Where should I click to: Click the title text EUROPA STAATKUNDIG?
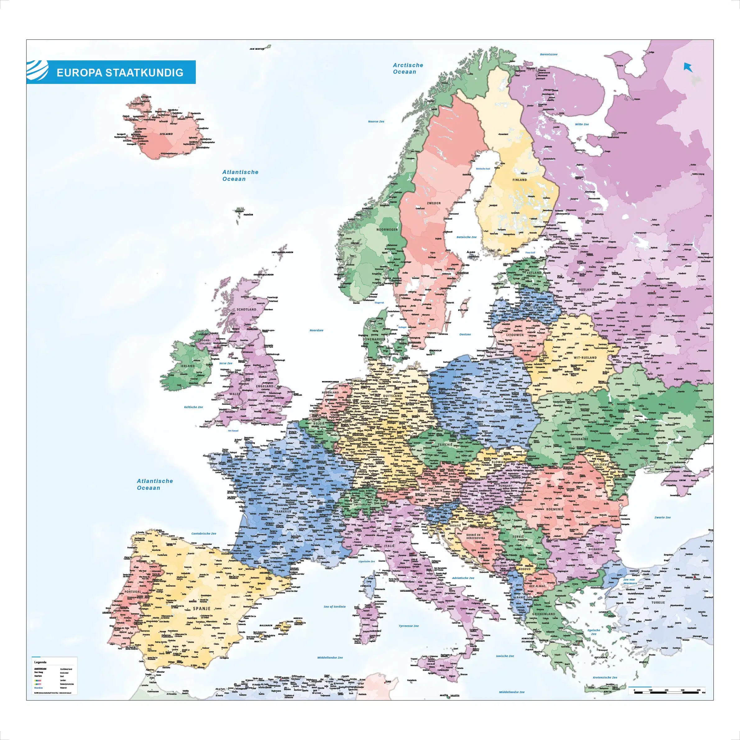120,73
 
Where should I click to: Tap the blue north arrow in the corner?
688,67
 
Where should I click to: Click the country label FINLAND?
519,180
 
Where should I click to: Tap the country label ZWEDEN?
434,203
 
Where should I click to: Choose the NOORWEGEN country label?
387,229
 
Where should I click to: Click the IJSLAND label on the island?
166,134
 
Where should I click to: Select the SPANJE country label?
201,608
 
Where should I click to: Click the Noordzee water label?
316,330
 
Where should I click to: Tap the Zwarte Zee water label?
662,517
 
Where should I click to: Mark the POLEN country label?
482,402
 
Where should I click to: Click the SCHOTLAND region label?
246,309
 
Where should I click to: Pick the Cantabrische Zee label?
204,534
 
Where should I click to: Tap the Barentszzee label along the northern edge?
549,54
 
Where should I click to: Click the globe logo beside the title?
38,71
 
